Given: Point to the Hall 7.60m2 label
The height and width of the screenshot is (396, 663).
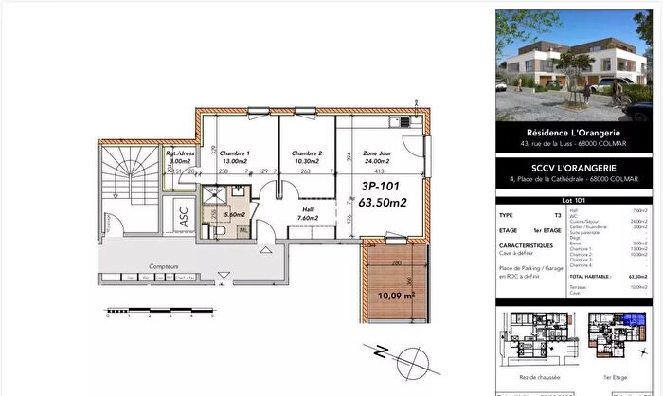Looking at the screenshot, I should [x=305, y=212].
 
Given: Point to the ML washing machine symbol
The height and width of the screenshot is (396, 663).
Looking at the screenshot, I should [x=243, y=229].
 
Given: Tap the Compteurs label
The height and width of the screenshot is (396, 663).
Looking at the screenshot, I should [x=165, y=267].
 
